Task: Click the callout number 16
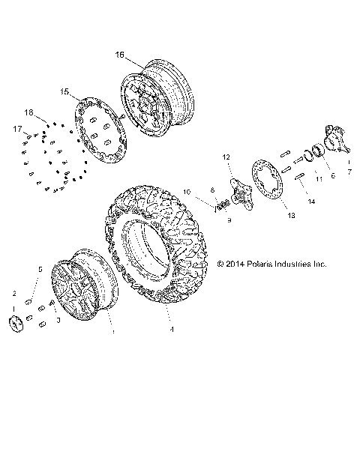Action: tap(120, 54)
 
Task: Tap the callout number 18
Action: tap(29, 112)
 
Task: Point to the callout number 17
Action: tap(16, 129)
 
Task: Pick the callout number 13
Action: tap(291, 215)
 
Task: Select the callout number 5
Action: tap(40, 268)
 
